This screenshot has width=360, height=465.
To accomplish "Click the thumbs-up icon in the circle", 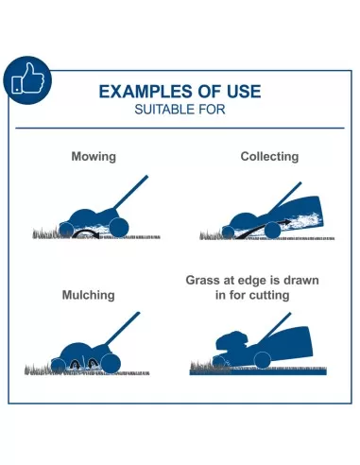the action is click(27, 78).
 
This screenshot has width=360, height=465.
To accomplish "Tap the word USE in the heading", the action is click(244, 92).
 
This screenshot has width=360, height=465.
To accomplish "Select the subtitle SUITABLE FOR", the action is click(180, 110).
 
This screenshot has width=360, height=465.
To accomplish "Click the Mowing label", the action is click(94, 157).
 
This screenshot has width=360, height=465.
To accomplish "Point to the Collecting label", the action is click(269, 156).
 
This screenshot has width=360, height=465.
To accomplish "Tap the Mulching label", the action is click(89, 295).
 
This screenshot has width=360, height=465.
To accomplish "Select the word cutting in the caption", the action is click(269, 295).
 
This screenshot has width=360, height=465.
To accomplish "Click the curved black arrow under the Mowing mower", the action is click(86, 232).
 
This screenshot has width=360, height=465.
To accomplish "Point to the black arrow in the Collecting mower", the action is click(264, 228).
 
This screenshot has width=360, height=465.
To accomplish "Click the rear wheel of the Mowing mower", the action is click(119, 227).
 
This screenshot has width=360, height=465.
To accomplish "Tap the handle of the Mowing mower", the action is click(130, 192).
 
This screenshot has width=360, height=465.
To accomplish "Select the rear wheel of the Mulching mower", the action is click(111, 364).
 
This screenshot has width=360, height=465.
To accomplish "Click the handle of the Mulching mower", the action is click(122, 329).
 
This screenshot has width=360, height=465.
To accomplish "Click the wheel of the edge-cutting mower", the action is click(263, 360).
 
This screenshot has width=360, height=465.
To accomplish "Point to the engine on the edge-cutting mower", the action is click(232, 342).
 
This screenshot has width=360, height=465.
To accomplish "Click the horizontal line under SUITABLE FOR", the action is click(180, 129).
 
